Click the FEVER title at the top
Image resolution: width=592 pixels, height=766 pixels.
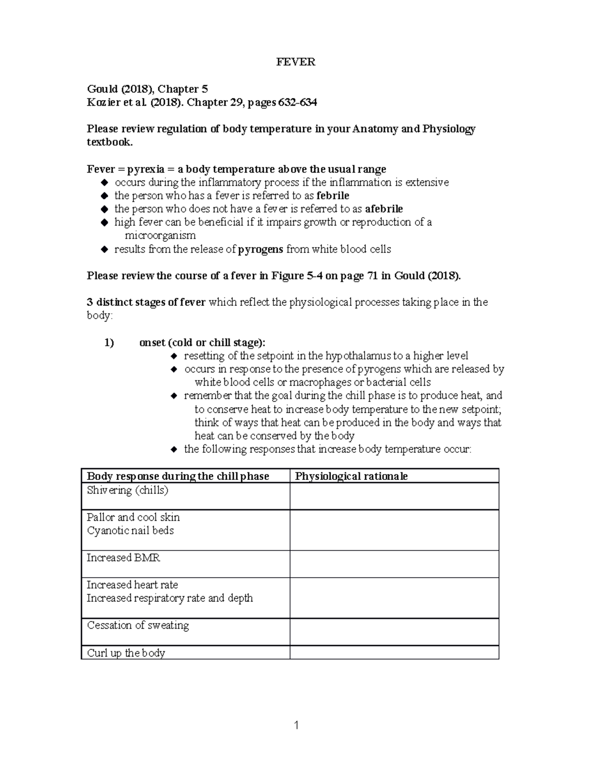(x=296, y=62)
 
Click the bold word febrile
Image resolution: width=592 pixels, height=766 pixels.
(x=333, y=195)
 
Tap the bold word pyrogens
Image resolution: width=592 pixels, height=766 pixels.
(x=260, y=249)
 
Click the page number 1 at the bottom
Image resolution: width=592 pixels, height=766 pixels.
(x=296, y=725)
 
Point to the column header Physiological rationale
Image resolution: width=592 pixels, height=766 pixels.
(x=351, y=476)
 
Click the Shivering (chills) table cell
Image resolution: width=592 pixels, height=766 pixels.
(x=128, y=490)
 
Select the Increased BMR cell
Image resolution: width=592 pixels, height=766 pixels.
(x=123, y=558)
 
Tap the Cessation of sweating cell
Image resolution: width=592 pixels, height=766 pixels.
(x=138, y=625)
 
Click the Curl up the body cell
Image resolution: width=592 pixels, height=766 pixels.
(x=126, y=653)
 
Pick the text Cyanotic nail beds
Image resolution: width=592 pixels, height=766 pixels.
(x=130, y=531)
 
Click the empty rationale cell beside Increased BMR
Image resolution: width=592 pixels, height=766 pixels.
(x=394, y=564)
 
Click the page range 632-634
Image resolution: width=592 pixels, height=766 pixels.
(x=297, y=103)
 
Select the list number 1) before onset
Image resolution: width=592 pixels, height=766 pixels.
(x=109, y=343)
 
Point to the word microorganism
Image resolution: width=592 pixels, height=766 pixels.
(x=160, y=236)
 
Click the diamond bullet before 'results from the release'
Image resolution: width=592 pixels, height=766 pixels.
(x=104, y=250)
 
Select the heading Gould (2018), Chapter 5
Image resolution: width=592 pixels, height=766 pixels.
(x=147, y=89)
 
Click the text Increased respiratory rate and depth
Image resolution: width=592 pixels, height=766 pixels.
(x=170, y=598)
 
